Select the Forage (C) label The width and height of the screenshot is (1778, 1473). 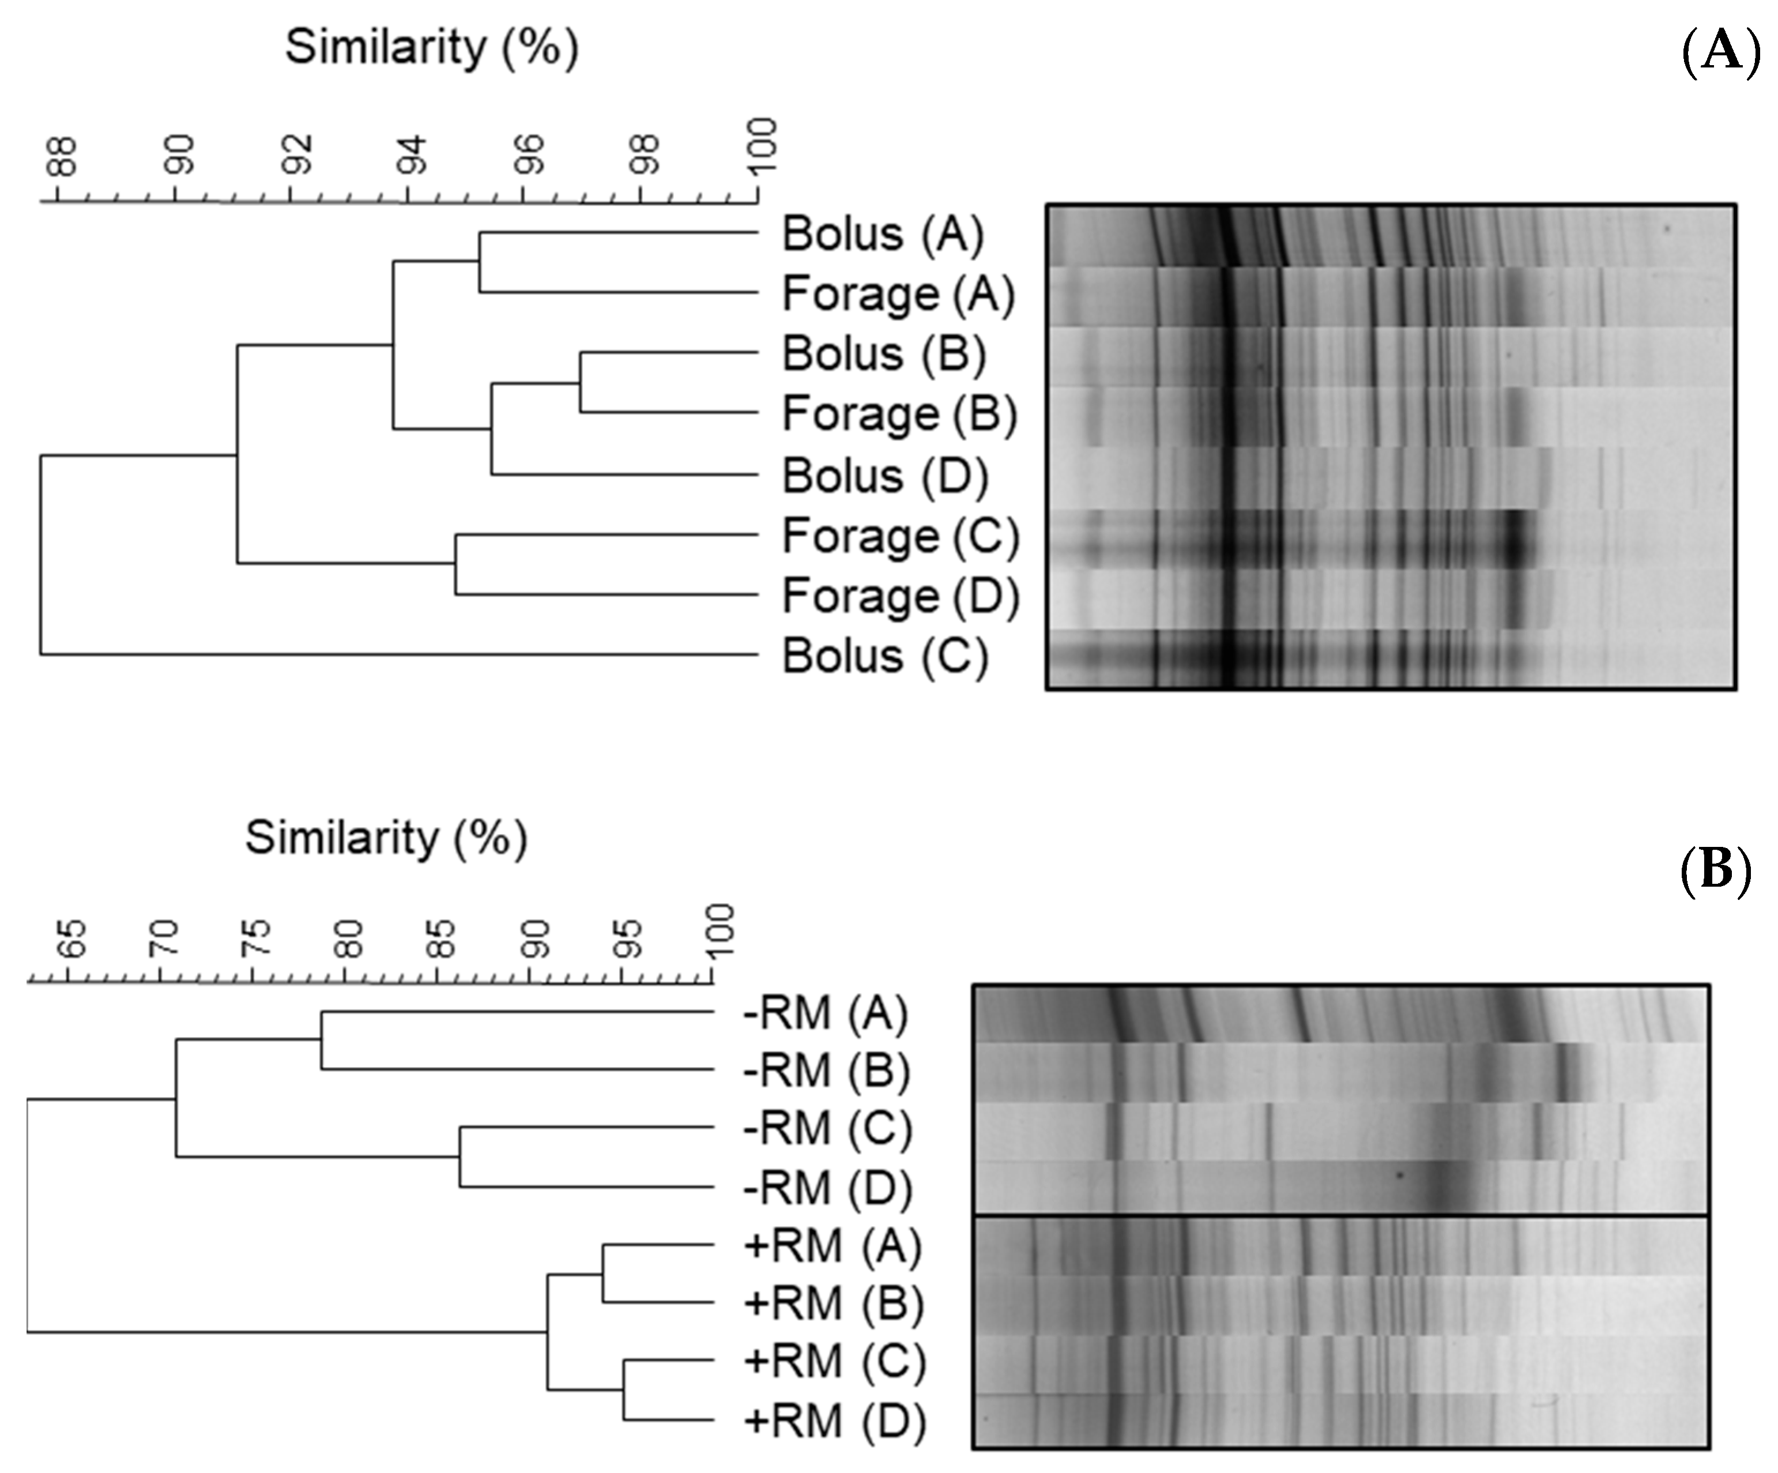(x=900, y=536)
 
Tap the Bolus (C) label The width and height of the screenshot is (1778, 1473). (x=885, y=656)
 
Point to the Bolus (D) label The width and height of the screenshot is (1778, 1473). (x=885, y=476)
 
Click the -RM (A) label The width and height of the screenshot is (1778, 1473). (x=826, y=1012)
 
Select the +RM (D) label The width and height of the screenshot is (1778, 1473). (x=834, y=1419)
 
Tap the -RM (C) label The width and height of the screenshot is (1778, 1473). (x=827, y=1128)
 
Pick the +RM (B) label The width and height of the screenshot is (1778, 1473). (x=833, y=1304)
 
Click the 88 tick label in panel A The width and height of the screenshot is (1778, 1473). (x=61, y=157)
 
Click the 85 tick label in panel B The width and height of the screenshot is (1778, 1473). (x=441, y=938)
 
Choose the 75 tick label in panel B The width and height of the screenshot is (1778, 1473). (x=256, y=938)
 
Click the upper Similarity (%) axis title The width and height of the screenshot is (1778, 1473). (x=432, y=47)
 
